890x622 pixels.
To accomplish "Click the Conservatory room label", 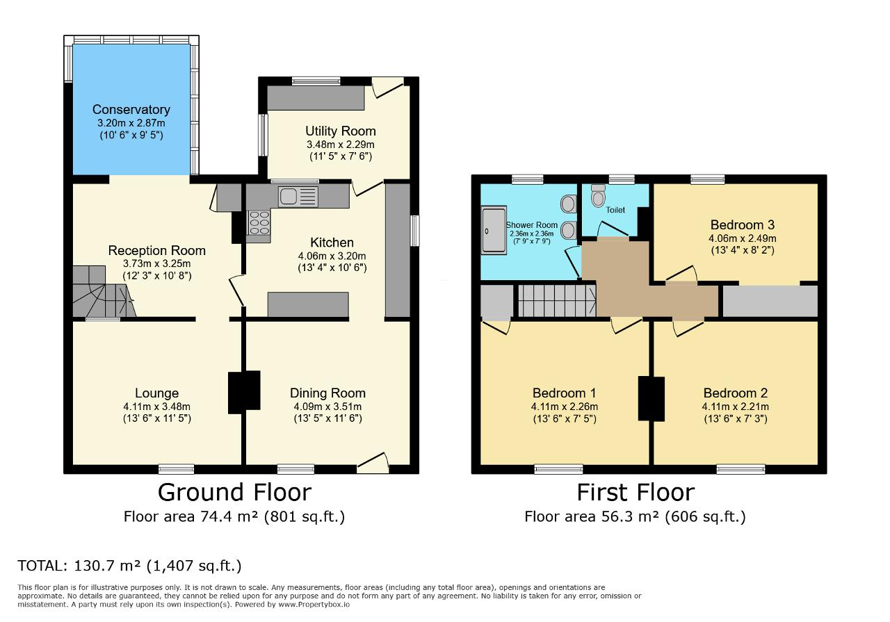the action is pos(131,109).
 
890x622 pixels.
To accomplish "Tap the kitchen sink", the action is pos(298,197).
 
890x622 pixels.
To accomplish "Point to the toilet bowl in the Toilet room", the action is pos(597,196).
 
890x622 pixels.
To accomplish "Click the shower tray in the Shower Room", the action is pos(494,230).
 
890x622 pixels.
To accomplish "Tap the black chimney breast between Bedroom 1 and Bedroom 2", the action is pos(652,399).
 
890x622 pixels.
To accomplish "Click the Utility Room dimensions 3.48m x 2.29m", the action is pos(341,144).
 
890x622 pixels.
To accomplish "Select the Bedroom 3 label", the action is pos(742,224).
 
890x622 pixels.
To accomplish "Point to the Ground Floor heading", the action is pos(234,493).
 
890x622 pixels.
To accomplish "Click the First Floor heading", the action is pos(636,493).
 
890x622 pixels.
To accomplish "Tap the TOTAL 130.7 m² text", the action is pos(129,566).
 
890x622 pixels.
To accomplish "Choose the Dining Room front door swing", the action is pos(373,463).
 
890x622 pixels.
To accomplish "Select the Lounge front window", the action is pos(177,470).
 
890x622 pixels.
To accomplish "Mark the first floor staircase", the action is pos(557,301).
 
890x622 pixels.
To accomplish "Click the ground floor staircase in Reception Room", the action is pos(104,291).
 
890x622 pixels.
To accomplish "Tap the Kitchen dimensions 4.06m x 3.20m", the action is pos(332,256).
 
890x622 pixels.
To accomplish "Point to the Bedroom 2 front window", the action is pos(741,470).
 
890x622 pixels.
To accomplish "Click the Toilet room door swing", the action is pos(613,229).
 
